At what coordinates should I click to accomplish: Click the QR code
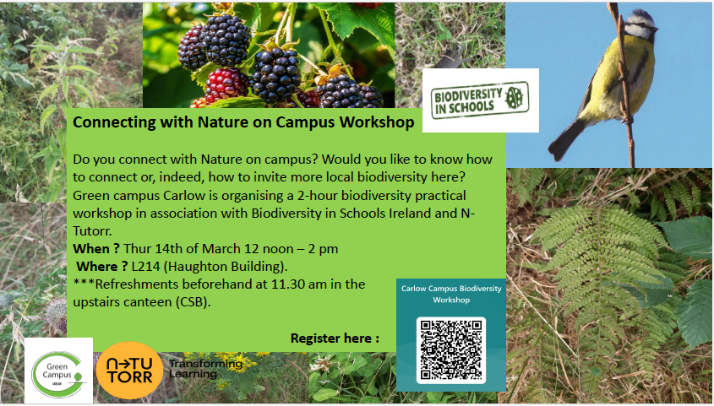451,349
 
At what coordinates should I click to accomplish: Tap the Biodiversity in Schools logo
480,100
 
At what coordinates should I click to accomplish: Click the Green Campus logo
58,369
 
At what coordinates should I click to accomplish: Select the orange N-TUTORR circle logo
129,370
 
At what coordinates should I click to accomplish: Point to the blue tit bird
604,84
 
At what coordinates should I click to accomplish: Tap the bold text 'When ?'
96,249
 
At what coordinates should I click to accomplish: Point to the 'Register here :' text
335,338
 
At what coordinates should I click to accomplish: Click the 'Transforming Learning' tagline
205,368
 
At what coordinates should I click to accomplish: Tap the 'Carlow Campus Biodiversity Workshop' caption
450,294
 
